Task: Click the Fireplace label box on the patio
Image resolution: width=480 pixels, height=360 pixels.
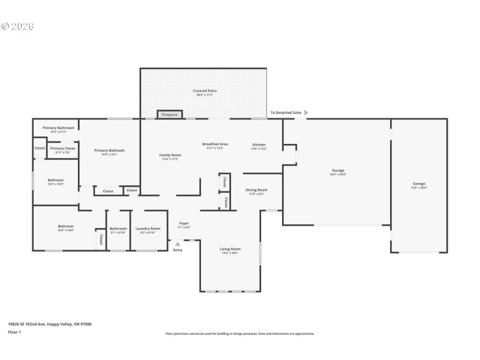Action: click(x=170, y=114)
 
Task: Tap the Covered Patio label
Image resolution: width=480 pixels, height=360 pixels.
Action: click(x=205, y=91)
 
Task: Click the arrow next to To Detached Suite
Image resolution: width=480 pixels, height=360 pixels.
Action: click(x=307, y=112)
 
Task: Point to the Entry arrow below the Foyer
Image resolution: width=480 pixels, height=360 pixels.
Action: click(x=178, y=244)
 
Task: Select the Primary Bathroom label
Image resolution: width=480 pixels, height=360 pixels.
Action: click(x=58, y=128)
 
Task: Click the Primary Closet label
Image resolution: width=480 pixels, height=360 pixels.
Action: click(x=62, y=148)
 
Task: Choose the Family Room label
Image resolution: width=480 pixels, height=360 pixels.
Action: click(x=170, y=155)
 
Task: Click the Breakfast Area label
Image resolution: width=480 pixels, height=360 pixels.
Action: click(x=215, y=145)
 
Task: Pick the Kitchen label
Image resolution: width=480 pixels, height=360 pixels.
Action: click(x=259, y=145)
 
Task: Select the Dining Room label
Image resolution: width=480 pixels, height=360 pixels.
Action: click(x=256, y=190)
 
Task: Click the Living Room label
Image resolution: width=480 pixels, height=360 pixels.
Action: click(x=230, y=249)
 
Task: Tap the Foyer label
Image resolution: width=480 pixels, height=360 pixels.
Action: click(x=184, y=224)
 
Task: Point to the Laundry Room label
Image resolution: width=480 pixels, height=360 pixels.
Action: click(x=148, y=229)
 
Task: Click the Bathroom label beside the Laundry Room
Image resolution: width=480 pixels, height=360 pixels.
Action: click(x=118, y=229)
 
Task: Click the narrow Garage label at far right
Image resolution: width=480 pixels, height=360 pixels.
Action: click(x=418, y=184)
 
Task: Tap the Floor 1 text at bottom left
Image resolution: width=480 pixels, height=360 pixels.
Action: click(x=14, y=332)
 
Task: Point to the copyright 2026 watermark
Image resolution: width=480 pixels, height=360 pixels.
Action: click(x=18, y=26)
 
